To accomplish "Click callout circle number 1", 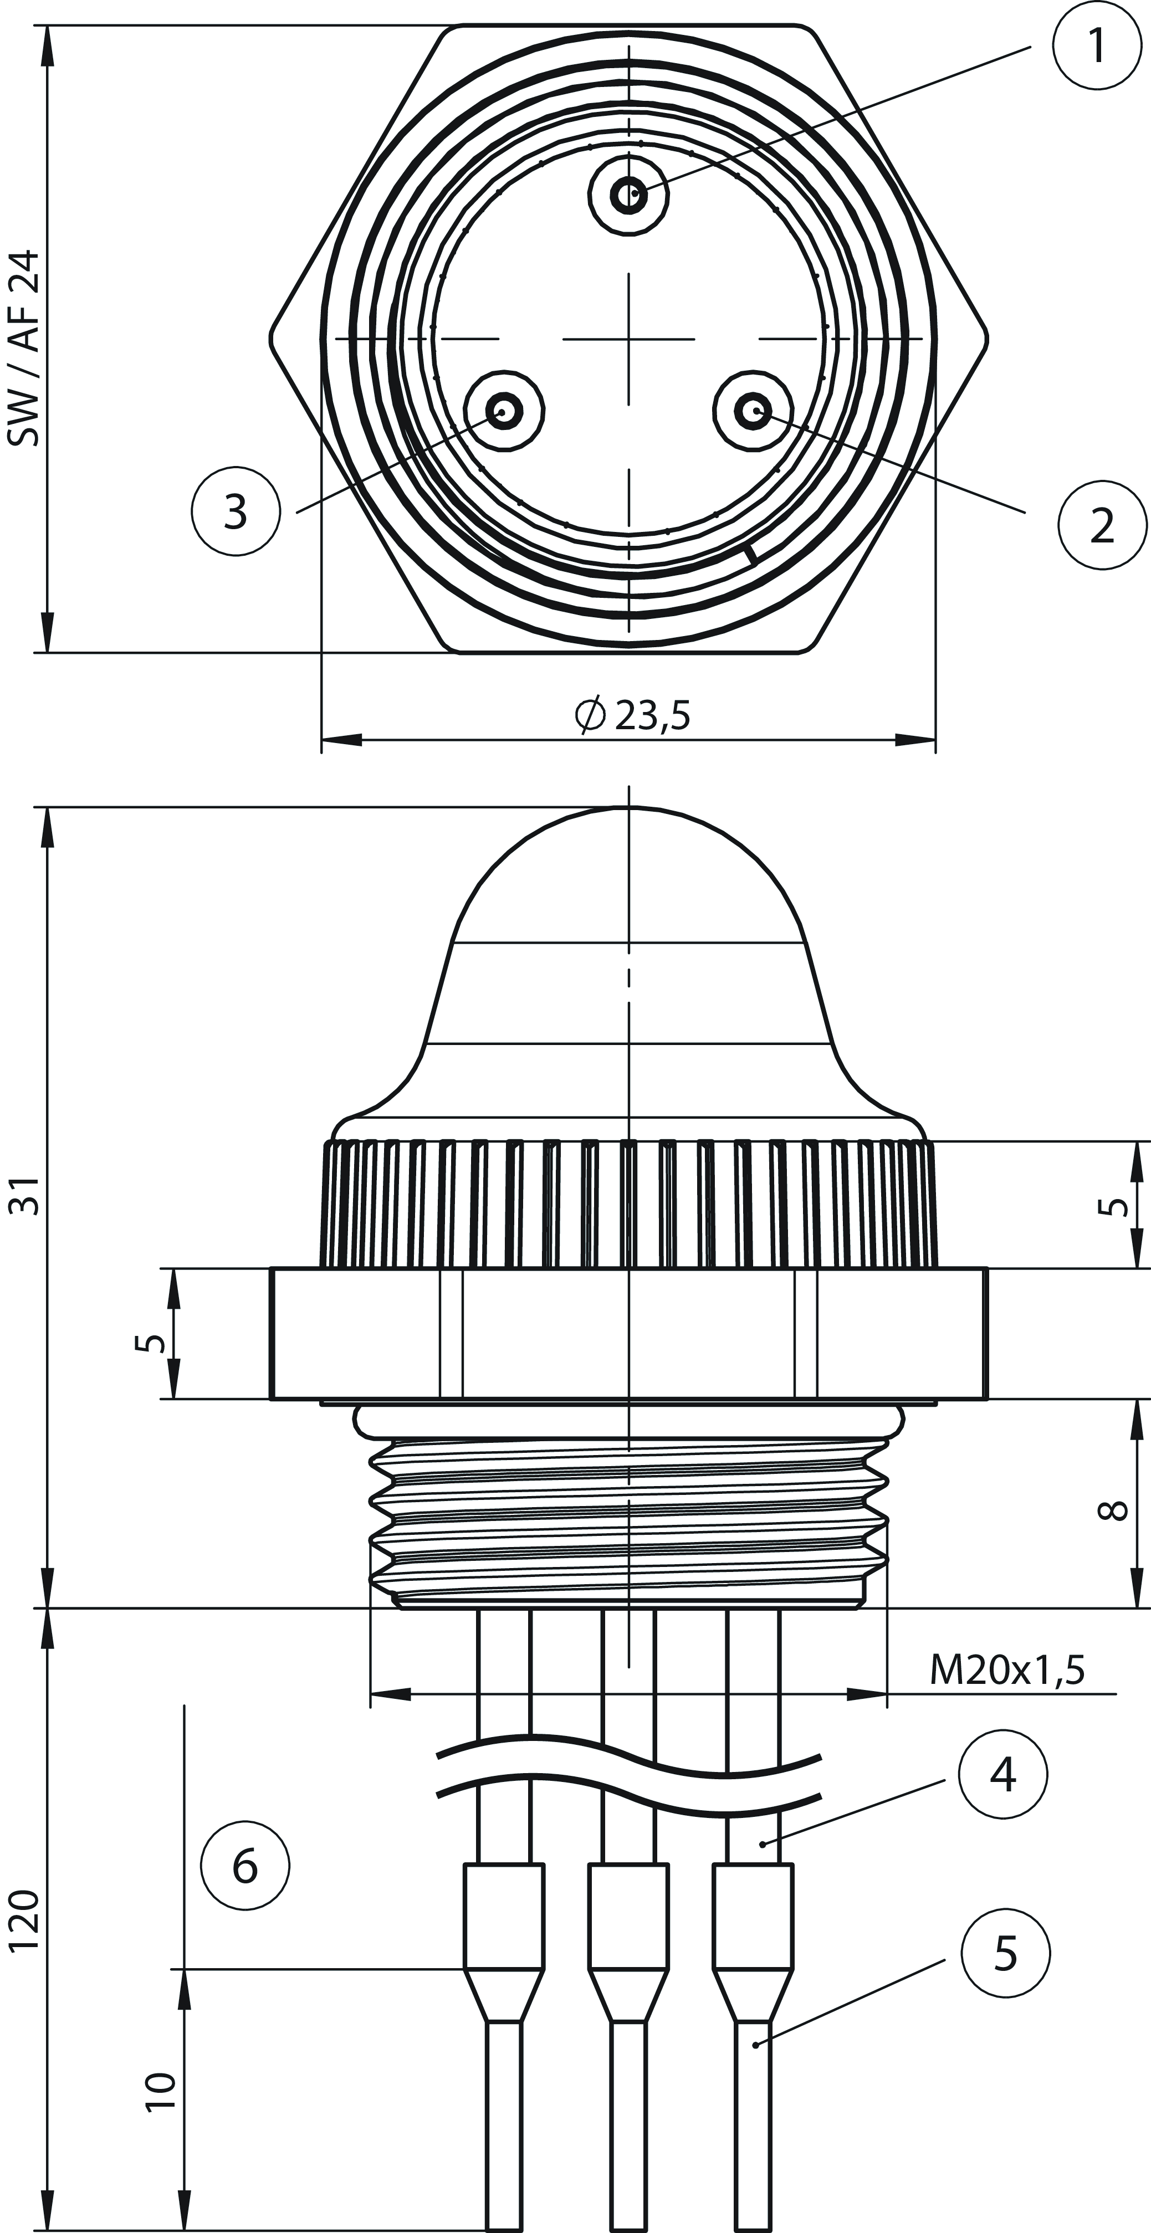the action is [x=1096, y=45].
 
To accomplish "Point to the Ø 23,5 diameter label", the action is [x=633, y=716].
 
